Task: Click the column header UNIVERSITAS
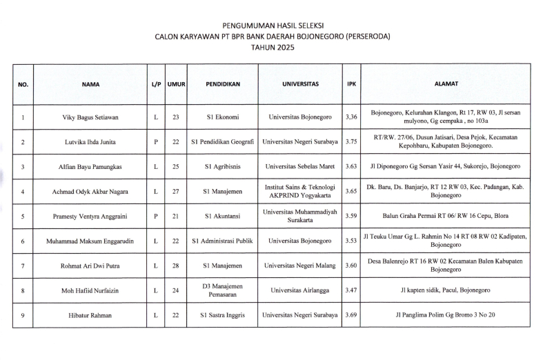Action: [x=300, y=84]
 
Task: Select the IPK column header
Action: [x=351, y=84]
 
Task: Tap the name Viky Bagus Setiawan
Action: [x=90, y=117]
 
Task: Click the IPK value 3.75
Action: [x=351, y=142]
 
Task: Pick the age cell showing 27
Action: [x=176, y=192]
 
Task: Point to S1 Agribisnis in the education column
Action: [x=222, y=167]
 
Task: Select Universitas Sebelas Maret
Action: [x=300, y=167]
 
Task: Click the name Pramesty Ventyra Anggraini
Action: [x=90, y=217]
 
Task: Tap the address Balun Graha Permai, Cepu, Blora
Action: [x=448, y=217]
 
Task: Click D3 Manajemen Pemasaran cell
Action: [x=222, y=291]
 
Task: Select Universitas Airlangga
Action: [x=300, y=291]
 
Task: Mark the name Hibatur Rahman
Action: [x=90, y=316]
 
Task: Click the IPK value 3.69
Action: [x=351, y=316]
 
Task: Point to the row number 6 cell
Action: [x=23, y=241]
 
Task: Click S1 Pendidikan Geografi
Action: [x=222, y=142]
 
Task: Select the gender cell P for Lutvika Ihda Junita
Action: [x=157, y=142]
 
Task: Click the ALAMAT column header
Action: [x=448, y=84]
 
